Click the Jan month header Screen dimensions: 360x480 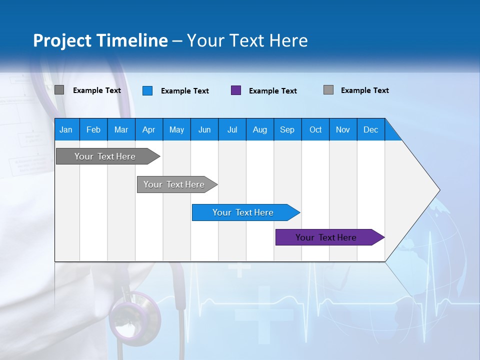66,129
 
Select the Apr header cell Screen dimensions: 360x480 148,129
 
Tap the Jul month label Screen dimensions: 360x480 232,129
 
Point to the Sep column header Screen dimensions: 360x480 287,129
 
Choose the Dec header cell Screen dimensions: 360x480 370,129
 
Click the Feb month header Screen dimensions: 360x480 93,129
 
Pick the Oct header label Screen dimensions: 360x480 315,129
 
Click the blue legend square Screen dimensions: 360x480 147,90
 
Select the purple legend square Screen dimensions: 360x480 236,90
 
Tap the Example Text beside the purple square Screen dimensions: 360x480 273,91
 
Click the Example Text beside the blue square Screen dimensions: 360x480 185,91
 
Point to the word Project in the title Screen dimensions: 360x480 62,40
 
